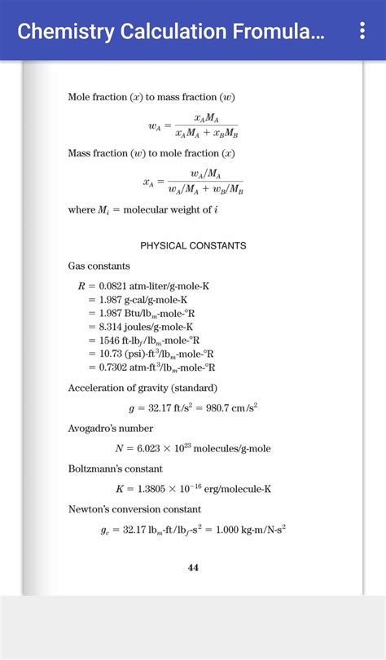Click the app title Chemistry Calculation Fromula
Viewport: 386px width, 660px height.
(x=171, y=32)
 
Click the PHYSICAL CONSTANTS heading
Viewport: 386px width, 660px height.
(x=193, y=245)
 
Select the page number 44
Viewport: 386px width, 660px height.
(x=193, y=568)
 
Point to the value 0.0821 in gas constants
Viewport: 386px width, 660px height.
(x=113, y=286)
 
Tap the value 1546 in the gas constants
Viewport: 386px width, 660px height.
(x=110, y=340)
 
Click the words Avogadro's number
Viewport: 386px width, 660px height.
(x=110, y=428)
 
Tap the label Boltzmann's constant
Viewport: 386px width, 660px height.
(x=115, y=469)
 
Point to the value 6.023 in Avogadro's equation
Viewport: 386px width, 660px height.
(x=151, y=448)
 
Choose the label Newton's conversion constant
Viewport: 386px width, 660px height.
(x=134, y=508)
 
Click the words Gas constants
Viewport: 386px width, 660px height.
(x=99, y=266)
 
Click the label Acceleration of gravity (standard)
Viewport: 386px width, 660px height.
(x=142, y=387)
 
